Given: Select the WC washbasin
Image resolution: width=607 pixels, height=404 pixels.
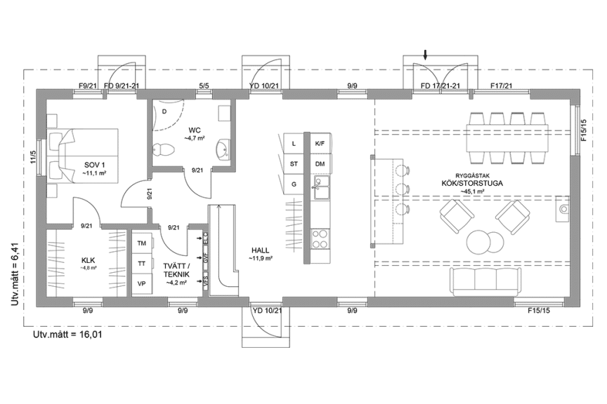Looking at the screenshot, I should tap(224, 148).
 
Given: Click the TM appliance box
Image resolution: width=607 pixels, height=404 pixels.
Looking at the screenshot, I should tap(142, 243).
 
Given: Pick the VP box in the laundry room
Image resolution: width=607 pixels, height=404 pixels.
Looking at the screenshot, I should tap(142, 283).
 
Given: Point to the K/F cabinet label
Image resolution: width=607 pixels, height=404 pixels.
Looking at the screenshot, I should tap(320, 144).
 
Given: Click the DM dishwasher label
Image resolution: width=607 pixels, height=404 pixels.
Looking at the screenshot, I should tap(320, 164).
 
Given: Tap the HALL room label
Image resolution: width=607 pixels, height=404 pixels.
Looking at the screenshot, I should tap(260, 250).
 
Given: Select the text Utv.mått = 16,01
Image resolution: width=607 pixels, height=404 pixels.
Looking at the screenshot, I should tap(68, 335).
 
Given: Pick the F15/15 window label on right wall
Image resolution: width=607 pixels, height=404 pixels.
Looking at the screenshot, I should tap(585, 126).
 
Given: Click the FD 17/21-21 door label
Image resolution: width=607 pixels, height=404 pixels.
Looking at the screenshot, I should tap(440, 86).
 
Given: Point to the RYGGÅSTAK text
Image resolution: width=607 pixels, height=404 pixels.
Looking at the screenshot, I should tap(471, 176).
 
